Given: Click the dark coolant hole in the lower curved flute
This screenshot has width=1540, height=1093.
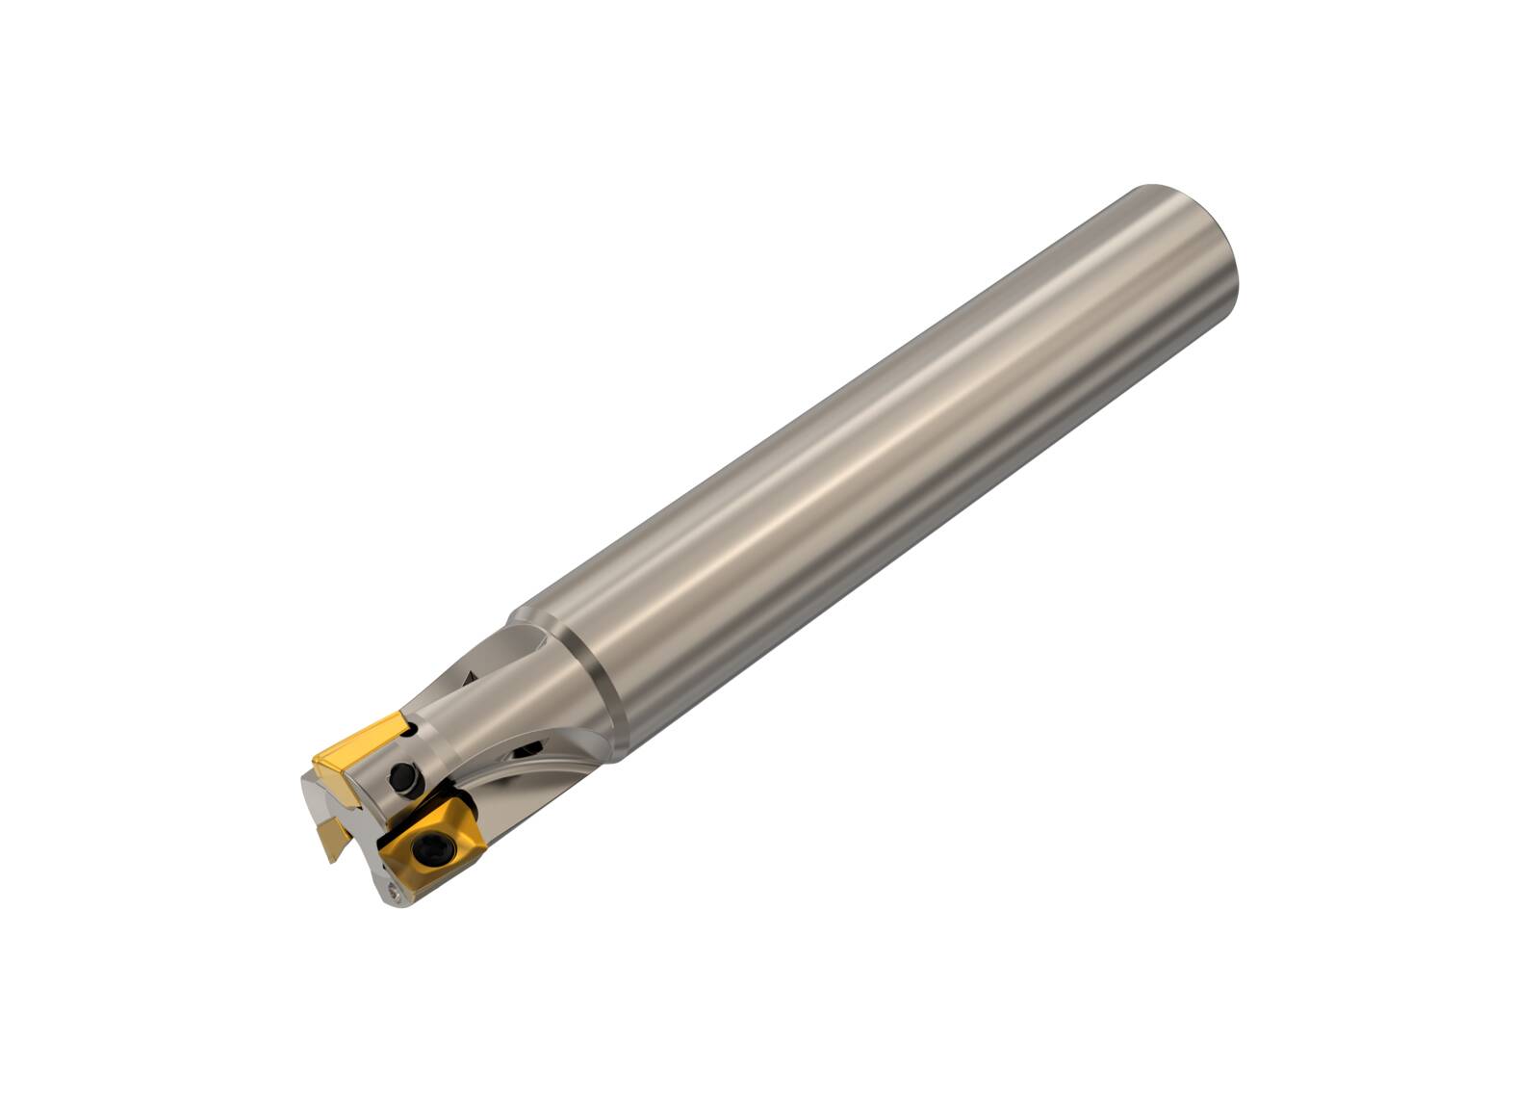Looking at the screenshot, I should [526, 749].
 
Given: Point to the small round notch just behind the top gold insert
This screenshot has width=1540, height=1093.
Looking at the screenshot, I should [412, 731].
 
